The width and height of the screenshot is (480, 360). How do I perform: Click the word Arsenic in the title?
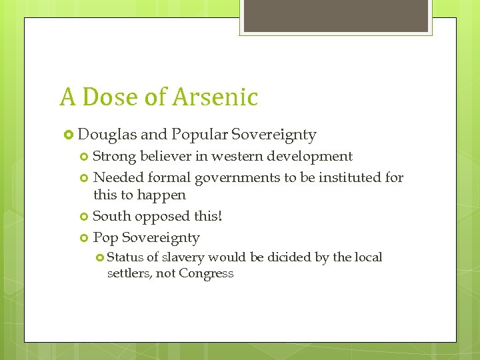coord(215,97)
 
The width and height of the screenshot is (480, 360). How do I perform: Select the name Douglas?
coord(107,135)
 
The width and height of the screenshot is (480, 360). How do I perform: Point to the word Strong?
coord(115,157)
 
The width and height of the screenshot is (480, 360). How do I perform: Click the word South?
coord(111,217)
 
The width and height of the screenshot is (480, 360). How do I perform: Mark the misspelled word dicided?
coord(289,257)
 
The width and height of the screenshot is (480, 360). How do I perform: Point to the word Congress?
coord(206,273)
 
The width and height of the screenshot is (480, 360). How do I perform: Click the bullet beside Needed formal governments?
coord(84,178)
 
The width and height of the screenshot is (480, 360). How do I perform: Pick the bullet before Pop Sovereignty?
coord(84,238)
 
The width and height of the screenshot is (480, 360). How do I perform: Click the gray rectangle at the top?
coord(335,15)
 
